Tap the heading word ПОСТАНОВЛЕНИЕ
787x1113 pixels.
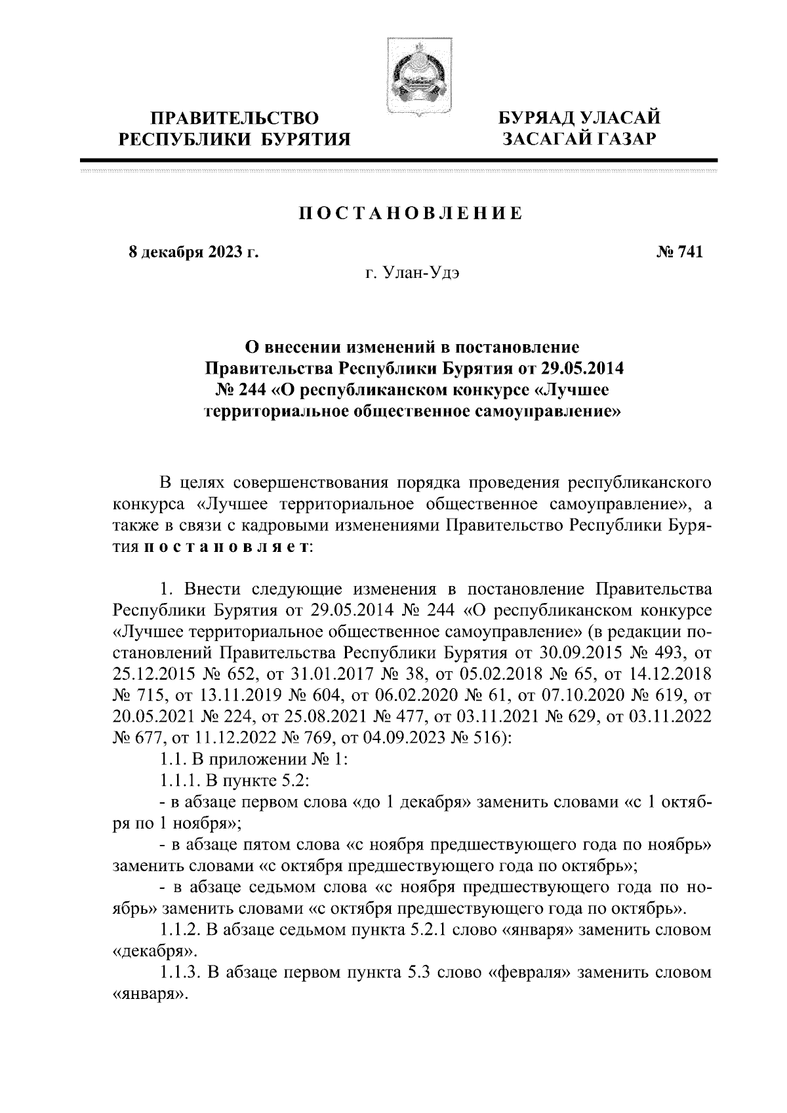point(411,214)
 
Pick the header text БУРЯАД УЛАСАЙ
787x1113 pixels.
point(578,119)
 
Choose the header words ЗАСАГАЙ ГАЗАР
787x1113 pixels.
point(578,139)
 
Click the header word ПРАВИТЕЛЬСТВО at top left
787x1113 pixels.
point(235,119)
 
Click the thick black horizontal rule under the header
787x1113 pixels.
point(399,160)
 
